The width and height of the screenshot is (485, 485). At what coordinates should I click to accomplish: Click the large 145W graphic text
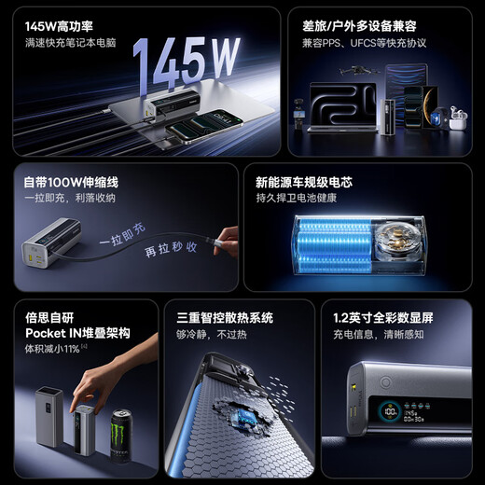coord(186,62)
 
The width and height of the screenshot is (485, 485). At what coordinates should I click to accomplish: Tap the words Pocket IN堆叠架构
coord(77,332)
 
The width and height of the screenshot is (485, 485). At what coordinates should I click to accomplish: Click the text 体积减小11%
coord(54,348)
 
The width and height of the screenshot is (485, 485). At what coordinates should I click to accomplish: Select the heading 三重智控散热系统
coord(224,316)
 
